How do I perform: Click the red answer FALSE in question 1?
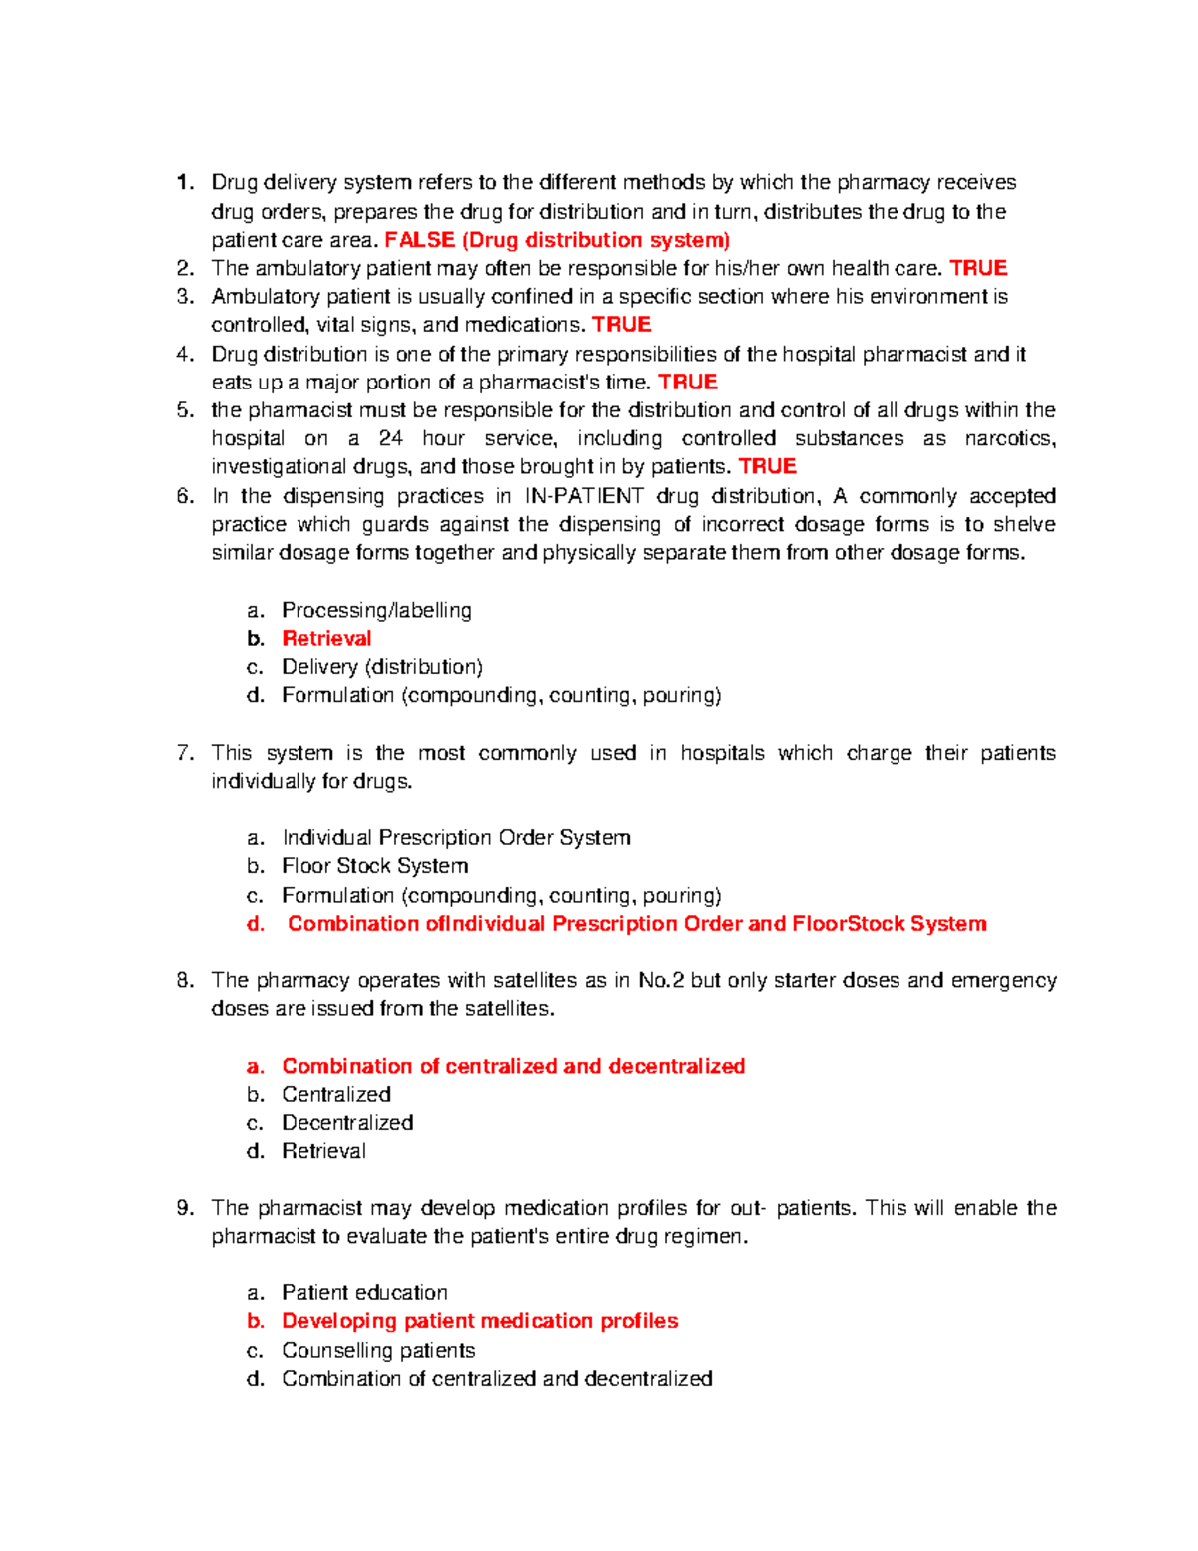pyautogui.click(x=419, y=240)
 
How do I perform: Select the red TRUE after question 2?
pyautogui.click(x=978, y=268)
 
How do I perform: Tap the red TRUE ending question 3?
pyautogui.click(x=621, y=325)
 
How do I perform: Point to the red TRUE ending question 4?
pyautogui.click(x=688, y=383)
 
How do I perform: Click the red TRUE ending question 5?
pyautogui.click(x=767, y=466)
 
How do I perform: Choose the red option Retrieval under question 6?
pyautogui.click(x=326, y=639)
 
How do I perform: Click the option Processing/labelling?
pyautogui.click(x=376, y=610)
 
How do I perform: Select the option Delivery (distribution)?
pyautogui.click(x=381, y=667)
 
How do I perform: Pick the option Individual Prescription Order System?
pyautogui.click(x=456, y=838)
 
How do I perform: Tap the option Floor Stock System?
pyautogui.click(x=374, y=866)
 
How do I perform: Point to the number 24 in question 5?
pyautogui.click(x=391, y=438)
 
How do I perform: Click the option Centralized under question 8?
pyautogui.click(x=336, y=1095)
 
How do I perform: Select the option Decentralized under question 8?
pyautogui.click(x=347, y=1123)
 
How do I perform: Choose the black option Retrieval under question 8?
pyautogui.click(x=323, y=1151)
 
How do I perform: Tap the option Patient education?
pyautogui.click(x=364, y=1293)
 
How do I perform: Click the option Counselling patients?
pyautogui.click(x=378, y=1351)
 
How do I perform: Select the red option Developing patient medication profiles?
pyautogui.click(x=479, y=1321)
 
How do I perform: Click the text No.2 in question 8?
pyautogui.click(x=661, y=981)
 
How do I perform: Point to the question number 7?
pyautogui.click(x=185, y=753)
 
